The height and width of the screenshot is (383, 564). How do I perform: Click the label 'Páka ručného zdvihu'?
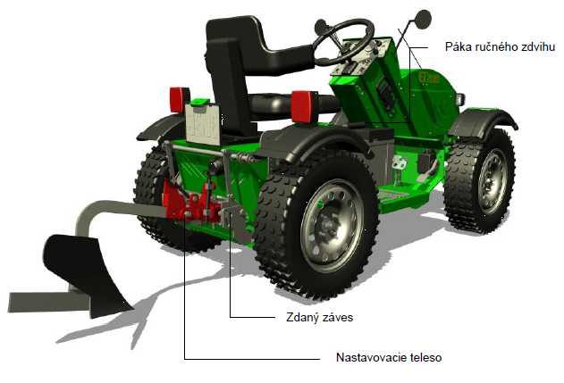click(500, 47)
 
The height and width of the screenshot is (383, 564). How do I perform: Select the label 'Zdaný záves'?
click(319, 318)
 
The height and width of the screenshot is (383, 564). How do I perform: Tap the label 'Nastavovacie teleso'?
click(389, 357)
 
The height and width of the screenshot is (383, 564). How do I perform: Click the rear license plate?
click(202, 124)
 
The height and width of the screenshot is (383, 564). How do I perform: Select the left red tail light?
click(179, 99)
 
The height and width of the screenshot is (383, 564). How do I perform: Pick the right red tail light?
click(304, 106)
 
